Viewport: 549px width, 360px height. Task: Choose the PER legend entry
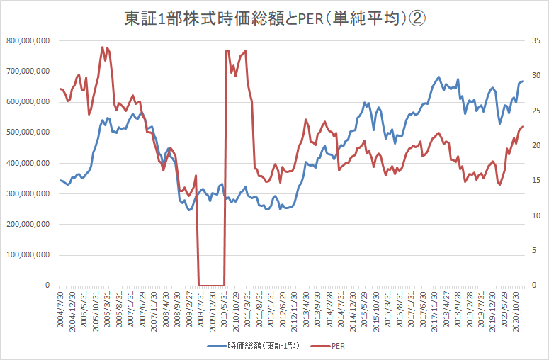(x=337, y=347)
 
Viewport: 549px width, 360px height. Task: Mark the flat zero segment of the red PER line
(x=211, y=285)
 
